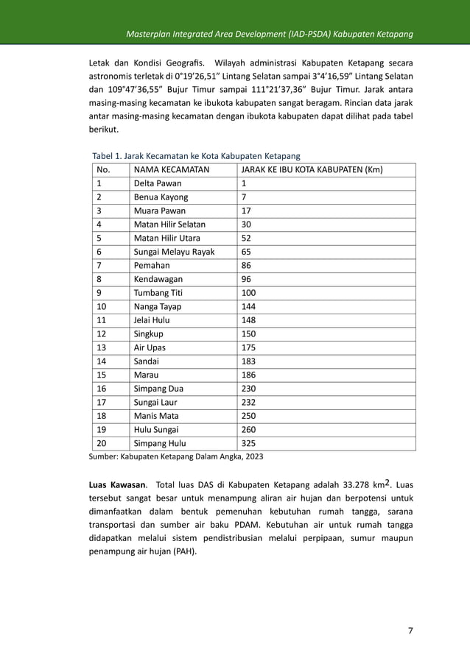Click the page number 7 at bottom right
coord(410,630)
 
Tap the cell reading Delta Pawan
coord(157,184)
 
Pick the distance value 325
coord(250,443)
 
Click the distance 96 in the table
coord(247,279)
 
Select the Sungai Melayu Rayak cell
coord(174,252)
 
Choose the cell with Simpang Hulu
coord(159,443)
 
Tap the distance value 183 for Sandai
coord(250,361)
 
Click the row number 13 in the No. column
coord(102,347)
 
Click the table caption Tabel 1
coord(195,156)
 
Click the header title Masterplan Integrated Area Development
coord(268,35)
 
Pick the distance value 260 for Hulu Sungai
coord(250,429)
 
